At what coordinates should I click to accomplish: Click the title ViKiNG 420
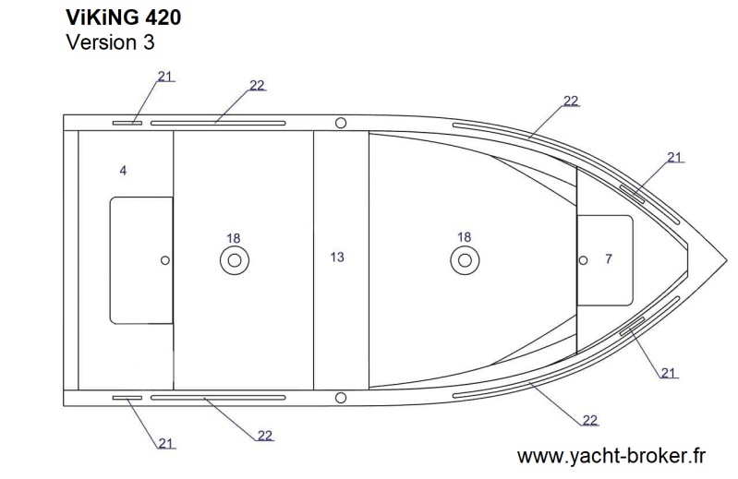tap(124, 18)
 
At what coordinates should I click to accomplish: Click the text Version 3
tap(110, 42)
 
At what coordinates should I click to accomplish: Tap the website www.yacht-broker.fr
tap(611, 456)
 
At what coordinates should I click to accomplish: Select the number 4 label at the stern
tap(123, 170)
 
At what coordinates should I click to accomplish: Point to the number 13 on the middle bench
tap(337, 257)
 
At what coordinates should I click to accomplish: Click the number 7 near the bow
tap(609, 258)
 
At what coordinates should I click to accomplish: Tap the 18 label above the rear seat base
tap(234, 238)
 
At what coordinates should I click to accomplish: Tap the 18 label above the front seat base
tap(464, 237)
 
